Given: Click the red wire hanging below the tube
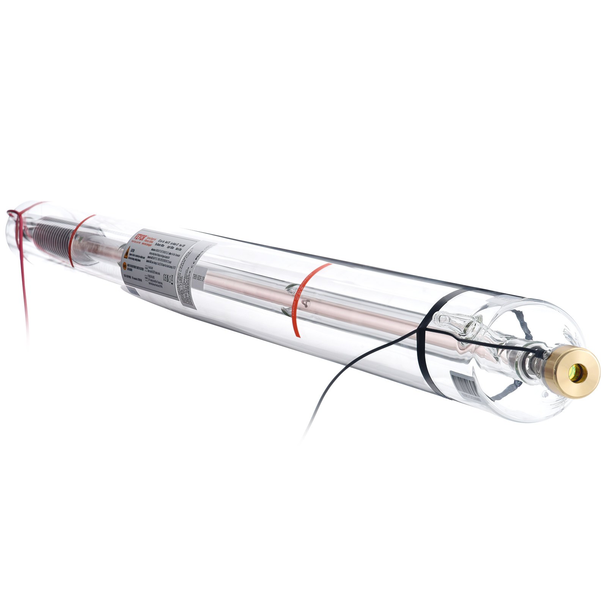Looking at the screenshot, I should (24, 288).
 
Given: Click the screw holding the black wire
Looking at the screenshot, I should (547, 354).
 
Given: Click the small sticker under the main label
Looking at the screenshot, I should (133, 291).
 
